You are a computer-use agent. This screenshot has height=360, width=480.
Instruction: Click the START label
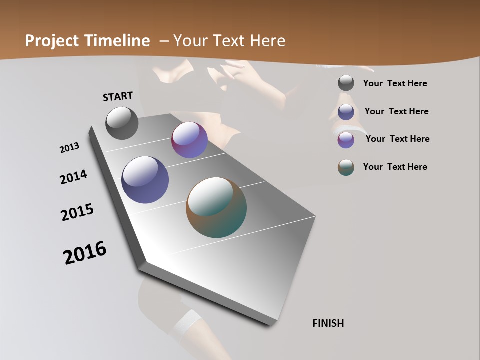[x=118, y=96]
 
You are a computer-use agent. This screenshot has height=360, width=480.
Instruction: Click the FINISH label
[x=328, y=323]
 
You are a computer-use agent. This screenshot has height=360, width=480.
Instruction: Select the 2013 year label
[x=70, y=148]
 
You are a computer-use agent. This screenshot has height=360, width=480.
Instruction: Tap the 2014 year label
[x=74, y=177]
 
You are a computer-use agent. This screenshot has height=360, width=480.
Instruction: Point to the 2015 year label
[x=77, y=212]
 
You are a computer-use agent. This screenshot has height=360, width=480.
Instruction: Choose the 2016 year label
[x=85, y=252]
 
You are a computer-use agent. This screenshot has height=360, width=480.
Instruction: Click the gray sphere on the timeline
[x=122, y=123]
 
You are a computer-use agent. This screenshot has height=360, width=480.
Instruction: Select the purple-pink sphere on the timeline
[x=189, y=140]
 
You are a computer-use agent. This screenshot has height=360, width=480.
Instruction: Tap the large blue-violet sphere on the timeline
[x=145, y=180]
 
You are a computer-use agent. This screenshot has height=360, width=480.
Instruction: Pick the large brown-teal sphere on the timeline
[x=216, y=207]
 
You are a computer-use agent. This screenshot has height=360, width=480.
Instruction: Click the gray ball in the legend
[x=346, y=83]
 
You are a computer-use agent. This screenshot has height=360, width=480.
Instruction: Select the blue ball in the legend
[x=346, y=112]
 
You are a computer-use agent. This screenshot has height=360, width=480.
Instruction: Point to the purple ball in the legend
[x=346, y=140]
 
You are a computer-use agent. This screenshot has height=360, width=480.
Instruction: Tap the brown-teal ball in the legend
[x=346, y=167]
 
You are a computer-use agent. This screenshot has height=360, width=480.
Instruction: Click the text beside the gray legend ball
[x=395, y=83]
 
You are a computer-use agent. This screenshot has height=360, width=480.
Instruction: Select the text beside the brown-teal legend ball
[x=395, y=167]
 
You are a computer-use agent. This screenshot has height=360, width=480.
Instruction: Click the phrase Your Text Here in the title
[x=229, y=41]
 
